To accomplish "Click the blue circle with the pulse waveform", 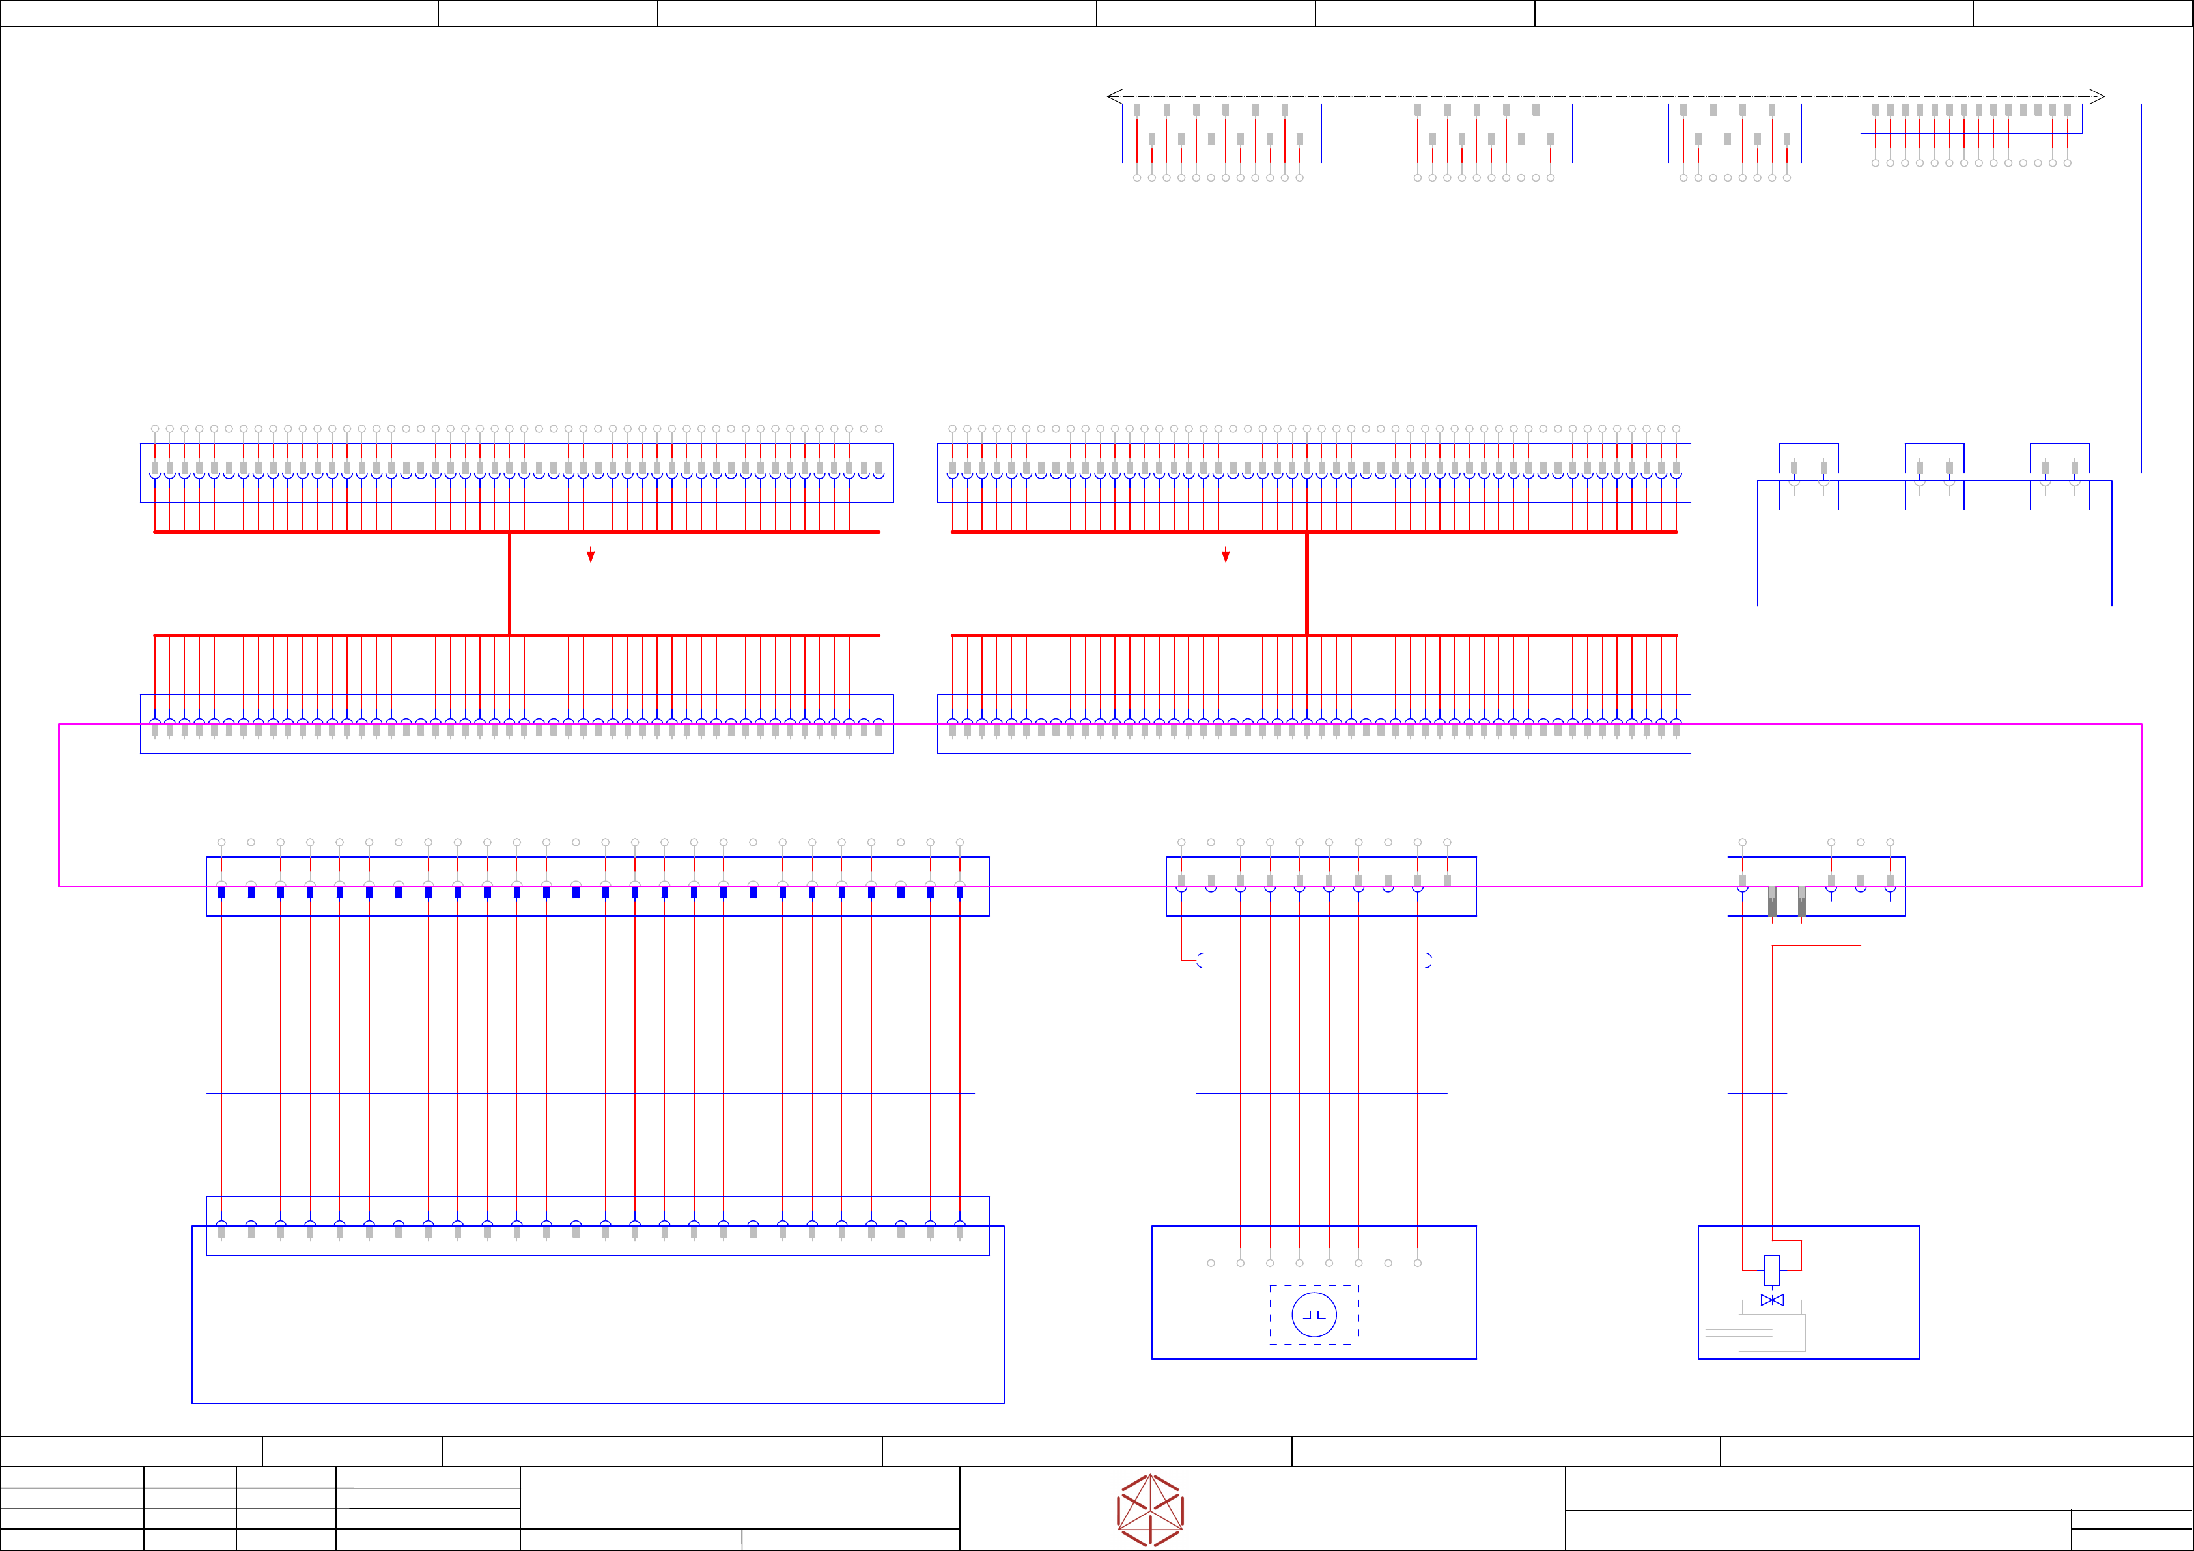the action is (x=1314, y=1315).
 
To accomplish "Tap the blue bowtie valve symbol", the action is (x=1771, y=1300).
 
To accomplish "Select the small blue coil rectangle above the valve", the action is (x=1771, y=1270).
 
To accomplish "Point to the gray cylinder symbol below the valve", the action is (x=1771, y=1333).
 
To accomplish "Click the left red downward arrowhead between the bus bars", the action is (x=591, y=556).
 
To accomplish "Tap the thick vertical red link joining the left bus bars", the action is (x=509, y=583).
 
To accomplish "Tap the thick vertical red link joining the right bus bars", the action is (x=1306, y=583).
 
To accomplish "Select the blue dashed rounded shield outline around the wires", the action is (x=1314, y=960).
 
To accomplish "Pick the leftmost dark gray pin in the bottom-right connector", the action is (x=1771, y=901).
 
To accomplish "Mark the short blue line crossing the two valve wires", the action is (x=1756, y=1093).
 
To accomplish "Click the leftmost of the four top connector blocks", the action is (x=1221, y=133).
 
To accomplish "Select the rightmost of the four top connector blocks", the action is (x=1971, y=119).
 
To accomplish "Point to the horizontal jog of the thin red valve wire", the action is (x=1816, y=946).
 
